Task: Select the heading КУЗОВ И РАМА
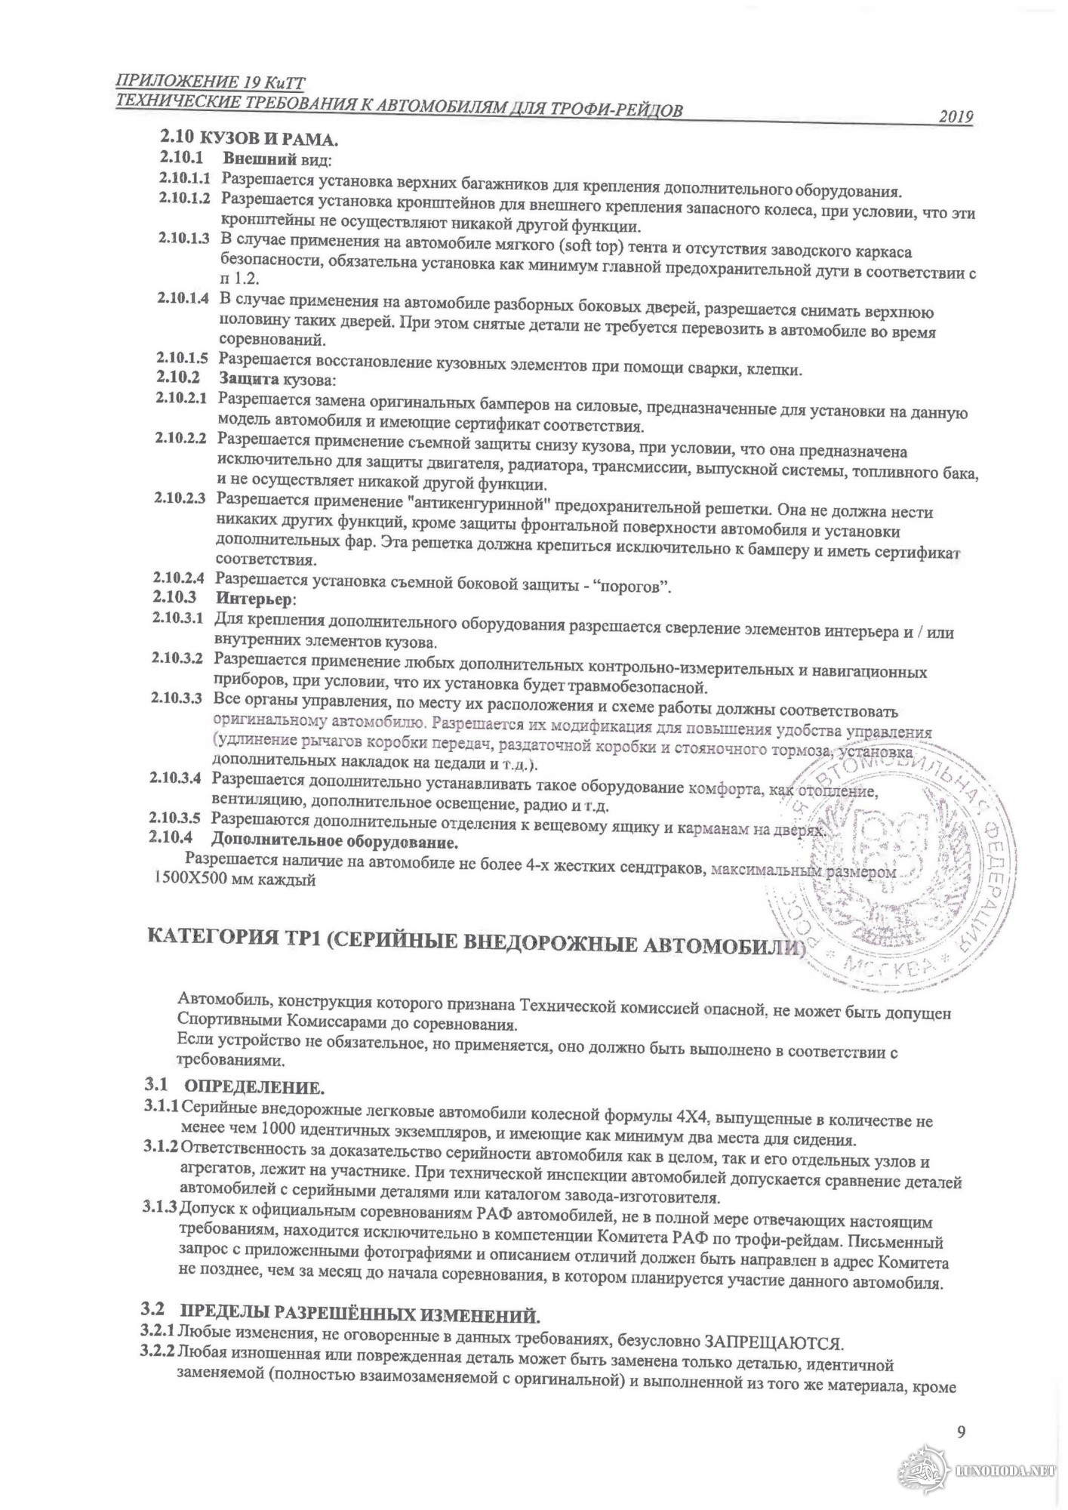click(268, 139)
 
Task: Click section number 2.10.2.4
click(179, 579)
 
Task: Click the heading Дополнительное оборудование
click(335, 840)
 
